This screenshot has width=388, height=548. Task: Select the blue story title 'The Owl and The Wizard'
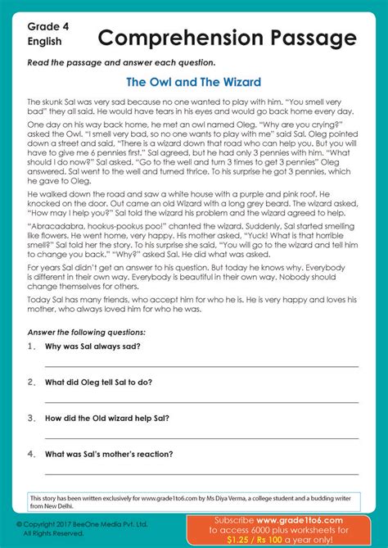click(x=194, y=82)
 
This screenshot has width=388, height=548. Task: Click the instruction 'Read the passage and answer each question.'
click(x=122, y=62)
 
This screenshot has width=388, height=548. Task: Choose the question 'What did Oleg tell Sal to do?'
click(x=98, y=382)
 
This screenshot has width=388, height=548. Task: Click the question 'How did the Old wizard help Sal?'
click(x=107, y=418)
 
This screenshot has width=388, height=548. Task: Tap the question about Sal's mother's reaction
click(x=109, y=454)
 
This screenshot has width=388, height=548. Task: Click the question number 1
click(x=32, y=346)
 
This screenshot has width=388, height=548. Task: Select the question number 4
click(x=32, y=454)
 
